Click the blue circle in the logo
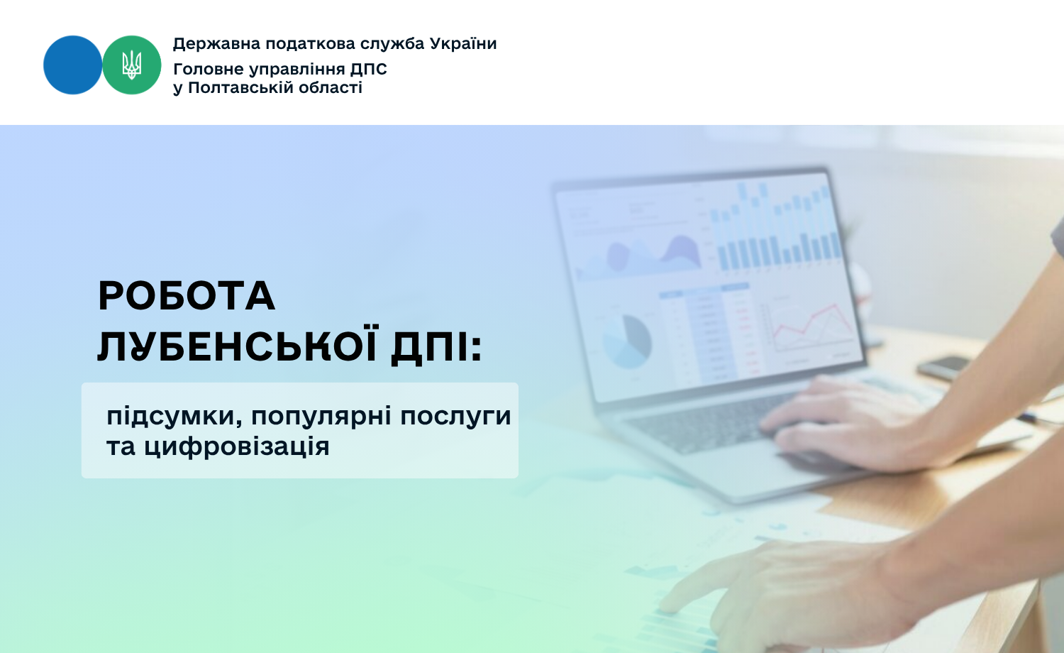(72, 65)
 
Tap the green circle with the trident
(131, 65)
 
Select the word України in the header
(463, 44)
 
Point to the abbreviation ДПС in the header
(369, 70)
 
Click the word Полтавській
(248, 88)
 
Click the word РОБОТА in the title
(186, 295)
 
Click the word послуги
(455, 417)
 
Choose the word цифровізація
(236, 446)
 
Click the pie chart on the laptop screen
(628, 341)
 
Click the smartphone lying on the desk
(943, 368)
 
